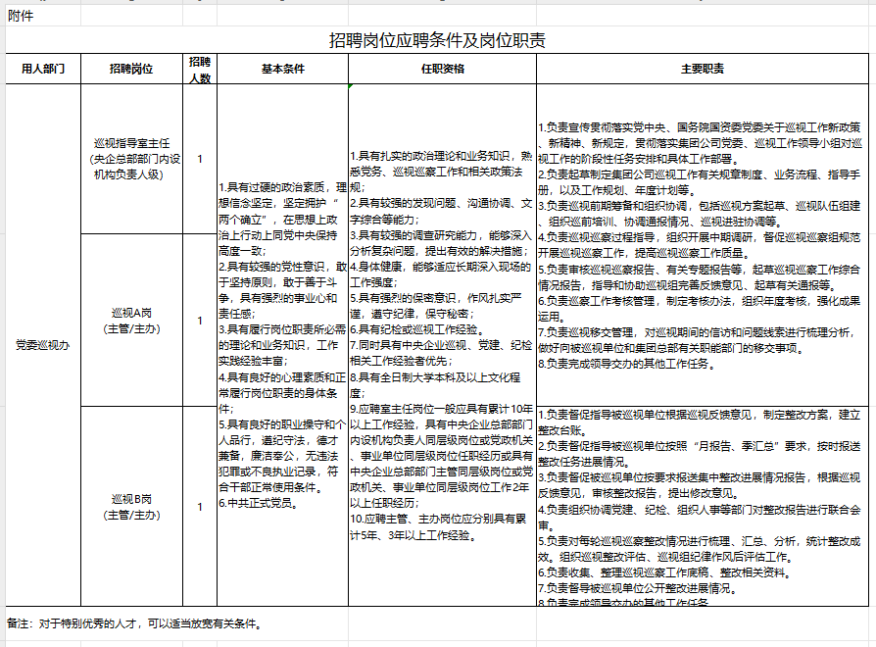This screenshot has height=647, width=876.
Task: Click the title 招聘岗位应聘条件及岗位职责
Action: [x=437, y=40]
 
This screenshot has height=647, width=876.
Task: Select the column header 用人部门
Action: [x=42, y=70]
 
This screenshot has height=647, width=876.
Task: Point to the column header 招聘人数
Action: [x=200, y=70]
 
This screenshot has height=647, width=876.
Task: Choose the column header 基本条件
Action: [x=282, y=70]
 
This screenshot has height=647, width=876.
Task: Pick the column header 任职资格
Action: [x=442, y=70]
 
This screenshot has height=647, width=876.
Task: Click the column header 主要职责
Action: [x=702, y=70]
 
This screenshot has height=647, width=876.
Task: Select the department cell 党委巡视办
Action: [x=42, y=345]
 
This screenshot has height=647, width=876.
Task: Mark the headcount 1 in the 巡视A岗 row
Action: [x=200, y=320]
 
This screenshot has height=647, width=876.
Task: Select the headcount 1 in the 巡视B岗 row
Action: [x=200, y=506]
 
